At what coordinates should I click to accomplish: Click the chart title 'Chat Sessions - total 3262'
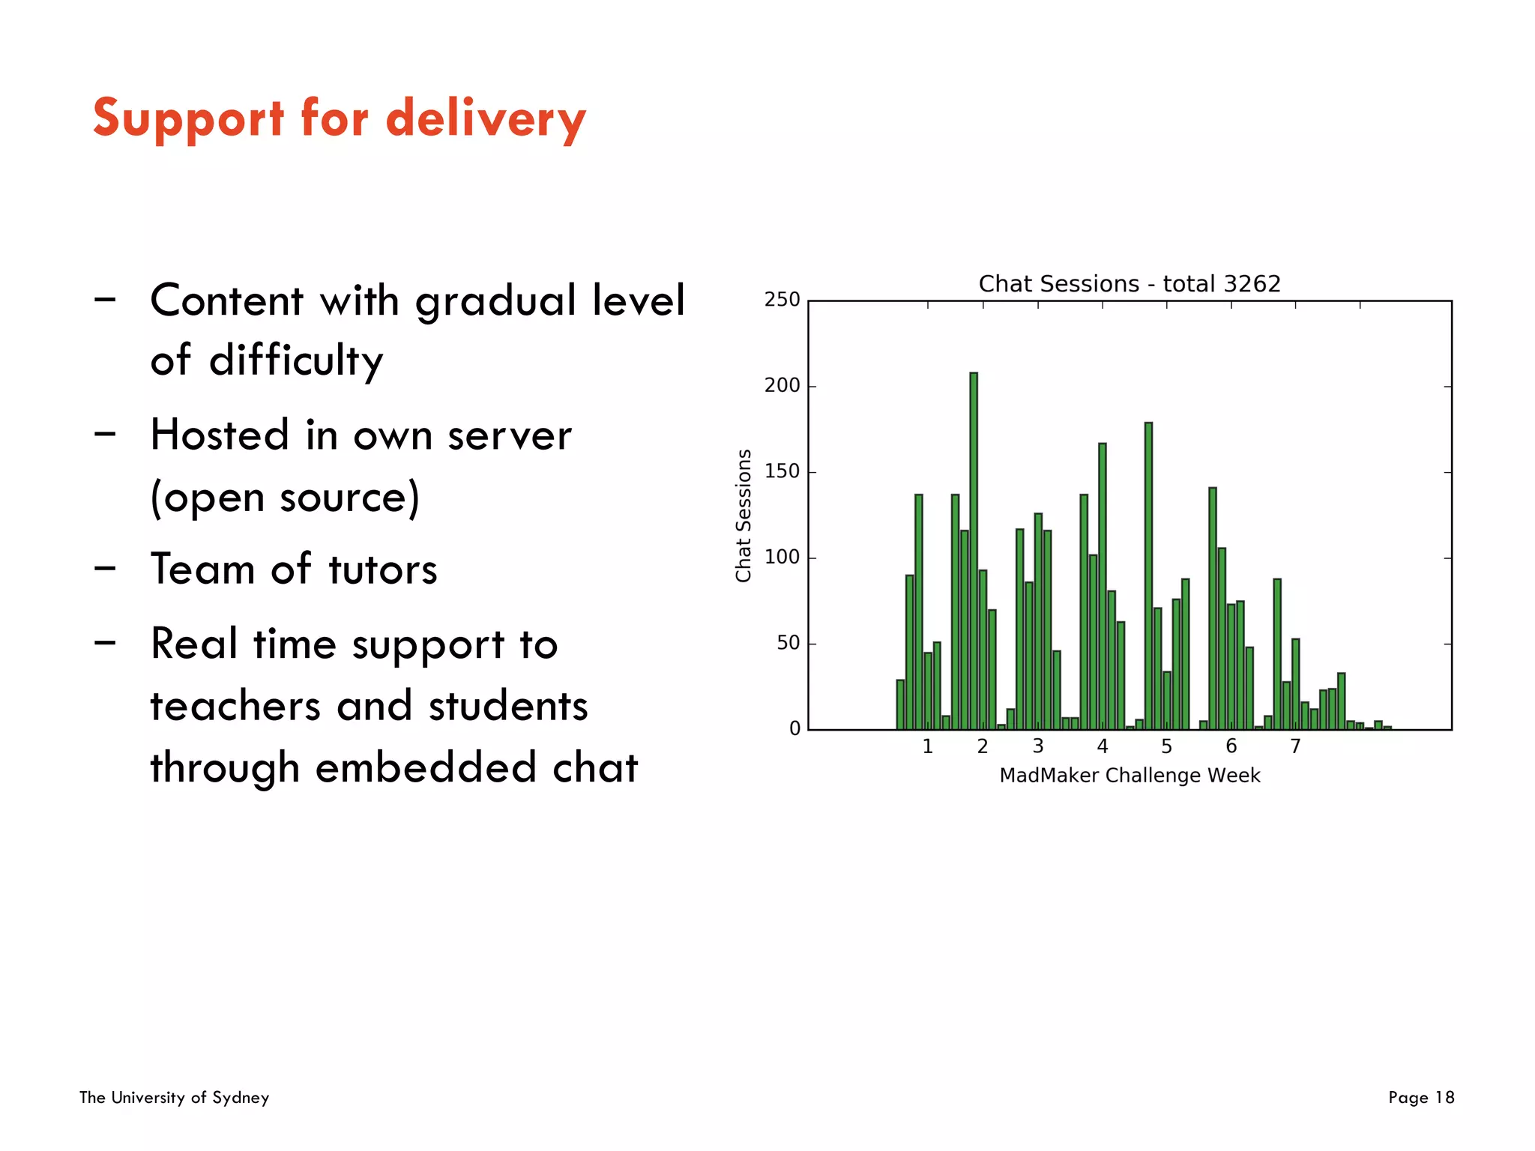(1129, 284)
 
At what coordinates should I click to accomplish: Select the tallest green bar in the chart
(974, 551)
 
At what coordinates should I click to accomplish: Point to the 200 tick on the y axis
(782, 386)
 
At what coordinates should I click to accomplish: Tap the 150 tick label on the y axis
(782, 471)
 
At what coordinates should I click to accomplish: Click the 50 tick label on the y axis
(788, 643)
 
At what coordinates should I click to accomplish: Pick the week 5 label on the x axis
(1166, 746)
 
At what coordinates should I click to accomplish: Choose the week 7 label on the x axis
(1295, 746)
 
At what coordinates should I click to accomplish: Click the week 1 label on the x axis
(927, 746)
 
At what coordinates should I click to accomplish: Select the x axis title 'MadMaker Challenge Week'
(1130, 776)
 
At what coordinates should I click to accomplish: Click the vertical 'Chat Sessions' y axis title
(743, 516)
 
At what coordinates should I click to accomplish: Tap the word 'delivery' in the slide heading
(486, 120)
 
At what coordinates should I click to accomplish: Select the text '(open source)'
(285, 498)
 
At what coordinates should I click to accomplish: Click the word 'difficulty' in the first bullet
(296, 361)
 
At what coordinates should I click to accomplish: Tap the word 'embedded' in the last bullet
(426, 768)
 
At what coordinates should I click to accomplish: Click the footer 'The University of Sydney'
(174, 1098)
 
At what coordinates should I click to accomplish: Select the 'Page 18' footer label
(1420, 1098)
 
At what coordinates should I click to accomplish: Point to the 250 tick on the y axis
(782, 300)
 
